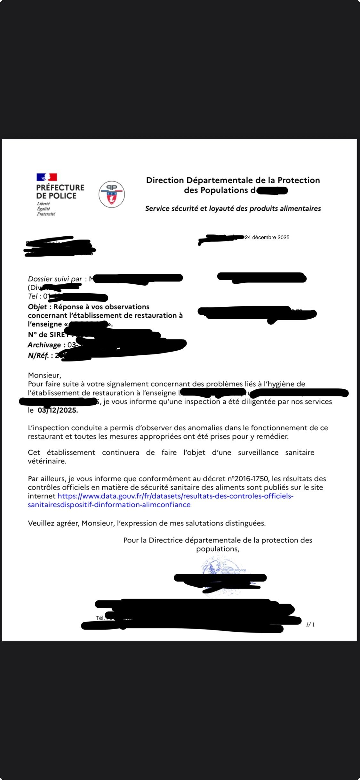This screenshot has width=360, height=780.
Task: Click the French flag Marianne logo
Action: pyautogui.click(x=47, y=177)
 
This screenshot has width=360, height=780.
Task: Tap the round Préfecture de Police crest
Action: pyautogui.click(x=111, y=194)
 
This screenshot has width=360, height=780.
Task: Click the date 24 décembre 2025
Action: pyautogui.click(x=267, y=237)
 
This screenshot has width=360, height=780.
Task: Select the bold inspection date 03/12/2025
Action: pyautogui.click(x=58, y=410)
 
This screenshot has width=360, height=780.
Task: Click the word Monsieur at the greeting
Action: pyautogui.click(x=44, y=375)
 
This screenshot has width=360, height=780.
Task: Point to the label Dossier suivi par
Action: pyautogui.click(x=55, y=279)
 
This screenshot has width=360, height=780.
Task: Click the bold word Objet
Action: pyautogui.click(x=37, y=307)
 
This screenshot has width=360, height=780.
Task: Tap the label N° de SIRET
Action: pyautogui.click(x=48, y=335)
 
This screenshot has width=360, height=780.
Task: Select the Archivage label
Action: pyautogui.click(x=44, y=345)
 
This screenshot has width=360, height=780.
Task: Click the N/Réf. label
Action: pyautogui.click(x=38, y=355)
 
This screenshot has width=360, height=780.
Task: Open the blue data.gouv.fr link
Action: pyautogui.click(x=160, y=500)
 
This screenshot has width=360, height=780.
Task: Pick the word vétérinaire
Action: pyautogui.click(x=47, y=461)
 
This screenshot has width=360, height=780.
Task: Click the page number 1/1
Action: pyautogui.click(x=310, y=624)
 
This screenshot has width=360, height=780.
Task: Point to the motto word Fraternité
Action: pyautogui.click(x=46, y=214)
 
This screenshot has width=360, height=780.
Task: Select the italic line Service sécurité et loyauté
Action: pyautogui.click(x=233, y=208)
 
